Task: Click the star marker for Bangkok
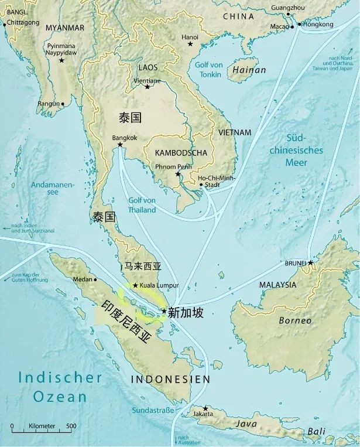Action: [x=120, y=145]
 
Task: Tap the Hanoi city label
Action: [x=190, y=37]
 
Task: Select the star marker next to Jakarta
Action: [x=205, y=408]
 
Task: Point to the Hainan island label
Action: [x=249, y=70]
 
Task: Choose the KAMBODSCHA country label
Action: [x=181, y=153]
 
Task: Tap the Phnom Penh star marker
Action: [x=178, y=174]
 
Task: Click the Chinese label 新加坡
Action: [x=186, y=313]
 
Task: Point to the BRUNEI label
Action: [x=295, y=263]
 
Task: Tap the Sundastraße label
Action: [x=153, y=410]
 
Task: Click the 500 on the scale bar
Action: [x=71, y=426]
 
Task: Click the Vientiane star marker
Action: [x=147, y=87]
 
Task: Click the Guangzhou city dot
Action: [x=288, y=15]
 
